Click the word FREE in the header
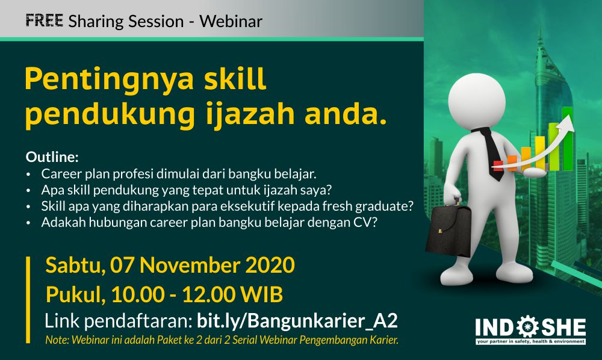click(44, 20)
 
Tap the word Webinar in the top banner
click(231, 21)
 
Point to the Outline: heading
click(52, 157)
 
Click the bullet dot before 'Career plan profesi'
click(28, 175)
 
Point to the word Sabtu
click(75, 265)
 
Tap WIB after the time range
click(263, 294)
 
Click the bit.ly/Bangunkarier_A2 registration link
click(297, 321)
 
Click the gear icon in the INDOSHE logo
click(529, 327)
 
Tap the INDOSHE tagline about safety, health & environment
click(530, 341)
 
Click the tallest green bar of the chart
click(568, 139)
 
